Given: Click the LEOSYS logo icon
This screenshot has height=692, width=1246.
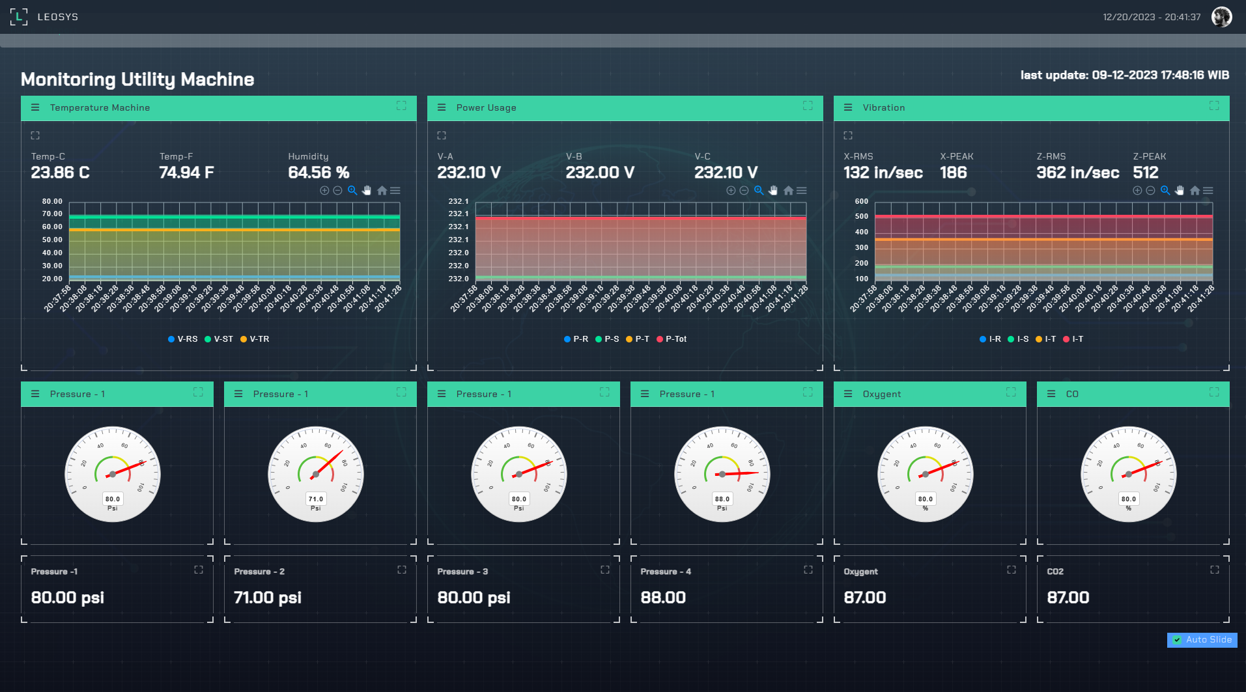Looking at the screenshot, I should pos(19,17).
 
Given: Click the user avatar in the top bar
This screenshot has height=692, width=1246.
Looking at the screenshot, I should pos(1221,17).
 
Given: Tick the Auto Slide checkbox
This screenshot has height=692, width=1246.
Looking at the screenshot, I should pos(1177,640).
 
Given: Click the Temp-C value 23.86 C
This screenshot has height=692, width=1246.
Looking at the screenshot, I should pos(60,173).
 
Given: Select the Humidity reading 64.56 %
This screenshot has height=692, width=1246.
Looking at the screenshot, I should pos(319,173).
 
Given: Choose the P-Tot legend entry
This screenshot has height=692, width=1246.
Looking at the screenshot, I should pos(672,339).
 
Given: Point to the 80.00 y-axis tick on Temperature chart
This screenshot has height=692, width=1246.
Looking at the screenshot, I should pos(52,202).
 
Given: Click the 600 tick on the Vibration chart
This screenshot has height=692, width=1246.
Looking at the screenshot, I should pos(861,202).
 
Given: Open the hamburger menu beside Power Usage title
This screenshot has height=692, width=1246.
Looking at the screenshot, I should pos(442,107).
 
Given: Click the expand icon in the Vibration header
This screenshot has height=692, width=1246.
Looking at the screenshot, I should pos(1214,105).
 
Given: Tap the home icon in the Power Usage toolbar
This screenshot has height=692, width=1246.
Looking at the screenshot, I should pos(788,191).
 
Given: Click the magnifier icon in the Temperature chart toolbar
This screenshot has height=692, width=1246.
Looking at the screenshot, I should pos(352,191).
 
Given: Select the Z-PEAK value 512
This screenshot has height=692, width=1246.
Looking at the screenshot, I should pos(1146,173).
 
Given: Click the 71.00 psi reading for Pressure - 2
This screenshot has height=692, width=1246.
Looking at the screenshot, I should pos(268,598).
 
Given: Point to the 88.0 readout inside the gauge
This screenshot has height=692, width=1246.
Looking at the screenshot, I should pos(722,499).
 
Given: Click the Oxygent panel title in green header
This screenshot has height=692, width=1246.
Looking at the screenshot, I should pos(881,394).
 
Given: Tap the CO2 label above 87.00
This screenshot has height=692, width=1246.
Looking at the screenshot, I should pos(1055,572).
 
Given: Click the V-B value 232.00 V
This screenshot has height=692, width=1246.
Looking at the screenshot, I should pos(599,173).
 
